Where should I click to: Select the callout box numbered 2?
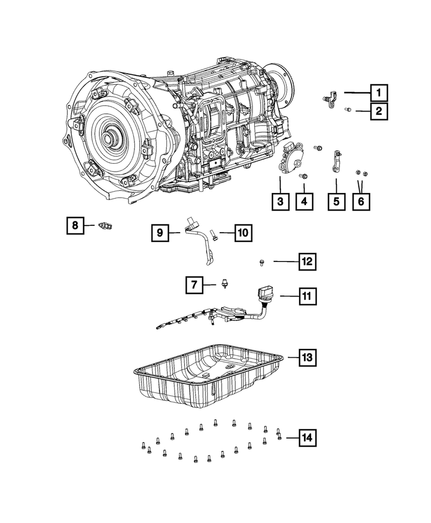pyautogui.click(x=379, y=111)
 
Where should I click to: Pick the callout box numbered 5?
pyautogui.click(x=336, y=201)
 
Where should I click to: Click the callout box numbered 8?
pyautogui.click(x=75, y=225)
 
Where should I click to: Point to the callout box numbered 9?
pyautogui.click(x=161, y=232)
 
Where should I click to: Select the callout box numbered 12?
pyautogui.click(x=307, y=261)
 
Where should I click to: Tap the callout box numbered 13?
pyautogui.click(x=307, y=358)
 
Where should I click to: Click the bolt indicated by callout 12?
pyautogui.click(x=261, y=261)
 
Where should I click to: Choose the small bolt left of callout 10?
pyautogui.click(x=213, y=233)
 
